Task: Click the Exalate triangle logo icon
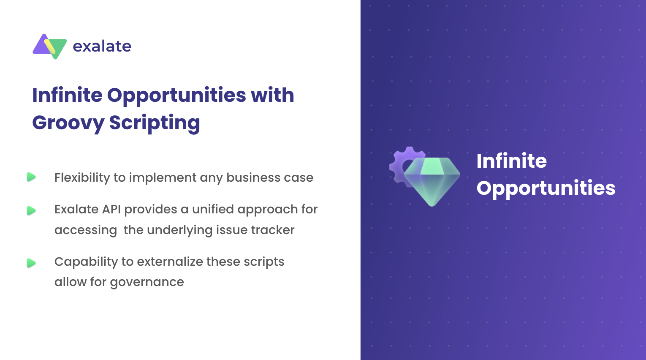[49, 46]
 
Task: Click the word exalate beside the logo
[102, 46]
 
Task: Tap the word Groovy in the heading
[68, 123]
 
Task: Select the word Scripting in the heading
[155, 123]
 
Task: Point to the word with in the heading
[272, 95]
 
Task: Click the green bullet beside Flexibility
[31, 177]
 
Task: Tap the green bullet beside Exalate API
[31, 210]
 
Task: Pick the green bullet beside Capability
[31, 263]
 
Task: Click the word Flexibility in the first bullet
[82, 177]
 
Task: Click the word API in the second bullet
[111, 209]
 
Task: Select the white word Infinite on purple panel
[511, 161]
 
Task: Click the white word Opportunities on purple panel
[546, 188]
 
